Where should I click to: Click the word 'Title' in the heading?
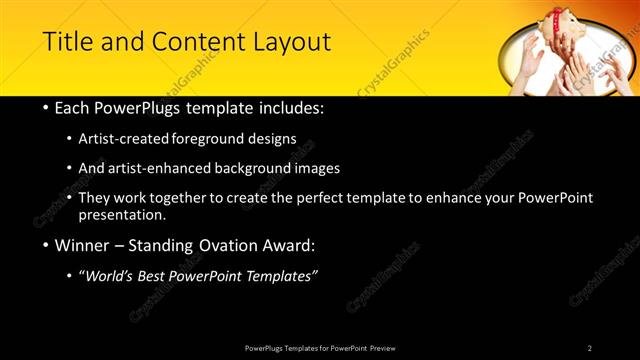(68, 42)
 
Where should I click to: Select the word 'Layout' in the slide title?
(291, 42)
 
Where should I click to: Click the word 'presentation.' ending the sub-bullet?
(122, 215)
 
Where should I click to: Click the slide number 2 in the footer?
(590, 348)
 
